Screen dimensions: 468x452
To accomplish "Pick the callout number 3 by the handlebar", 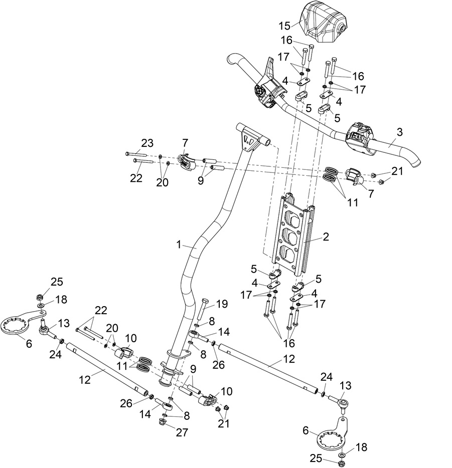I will pos(399,132).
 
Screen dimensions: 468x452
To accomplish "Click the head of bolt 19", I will pos(204,302).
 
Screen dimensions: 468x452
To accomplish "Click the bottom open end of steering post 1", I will pos(165,382).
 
